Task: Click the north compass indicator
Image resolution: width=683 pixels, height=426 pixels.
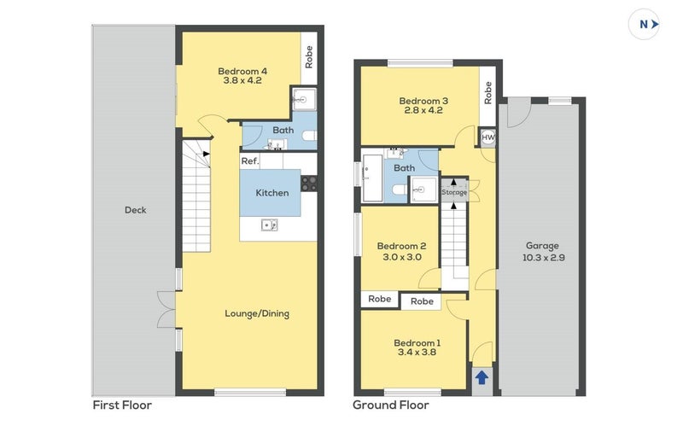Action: click(644, 25)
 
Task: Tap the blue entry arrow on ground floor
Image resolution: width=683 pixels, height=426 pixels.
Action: click(482, 377)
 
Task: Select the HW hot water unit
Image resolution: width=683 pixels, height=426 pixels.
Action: click(487, 137)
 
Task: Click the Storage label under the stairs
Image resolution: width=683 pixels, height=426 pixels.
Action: click(454, 192)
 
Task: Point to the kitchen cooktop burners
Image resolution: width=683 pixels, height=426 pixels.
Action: click(309, 184)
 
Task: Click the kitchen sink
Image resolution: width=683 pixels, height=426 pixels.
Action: click(270, 225)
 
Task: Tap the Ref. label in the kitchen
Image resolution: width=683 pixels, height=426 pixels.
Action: click(250, 161)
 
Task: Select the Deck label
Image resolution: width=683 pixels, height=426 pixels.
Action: click(136, 210)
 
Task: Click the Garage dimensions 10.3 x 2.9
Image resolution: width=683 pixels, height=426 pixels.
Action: click(544, 258)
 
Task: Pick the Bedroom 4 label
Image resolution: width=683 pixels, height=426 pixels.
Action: click(242, 71)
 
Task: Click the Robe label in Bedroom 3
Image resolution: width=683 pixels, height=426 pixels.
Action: click(487, 93)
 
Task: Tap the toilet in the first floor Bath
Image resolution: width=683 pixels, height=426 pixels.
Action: click(309, 136)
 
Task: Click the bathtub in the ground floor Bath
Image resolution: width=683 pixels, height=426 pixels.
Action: click(372, 178)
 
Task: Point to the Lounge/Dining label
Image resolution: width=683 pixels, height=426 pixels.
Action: click(257, 313)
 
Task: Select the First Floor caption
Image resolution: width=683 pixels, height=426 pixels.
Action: click(122, 406)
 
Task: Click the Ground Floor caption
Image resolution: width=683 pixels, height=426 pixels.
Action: click(391, 406)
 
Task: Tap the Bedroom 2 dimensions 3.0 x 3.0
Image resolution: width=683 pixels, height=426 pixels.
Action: click(402, 257)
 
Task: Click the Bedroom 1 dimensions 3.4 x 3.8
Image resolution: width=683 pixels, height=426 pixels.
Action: click(417, 352)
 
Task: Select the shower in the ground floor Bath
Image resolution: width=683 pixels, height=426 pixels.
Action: click(423, 190)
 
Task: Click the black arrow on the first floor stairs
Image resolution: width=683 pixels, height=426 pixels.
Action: click(206, 154)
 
